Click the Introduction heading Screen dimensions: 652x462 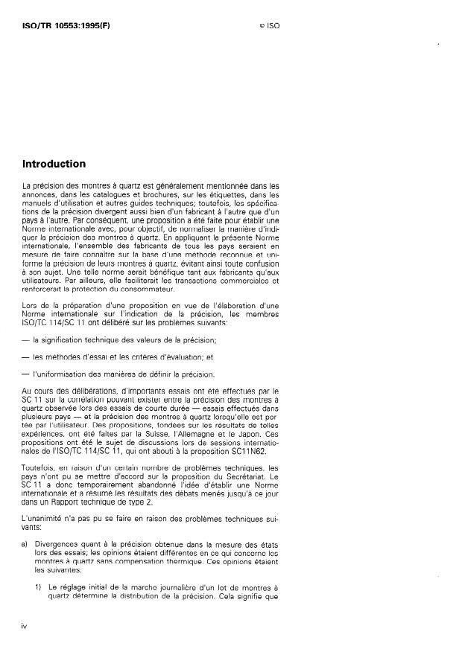[54, 164]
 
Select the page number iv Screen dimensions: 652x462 [25, 627]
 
